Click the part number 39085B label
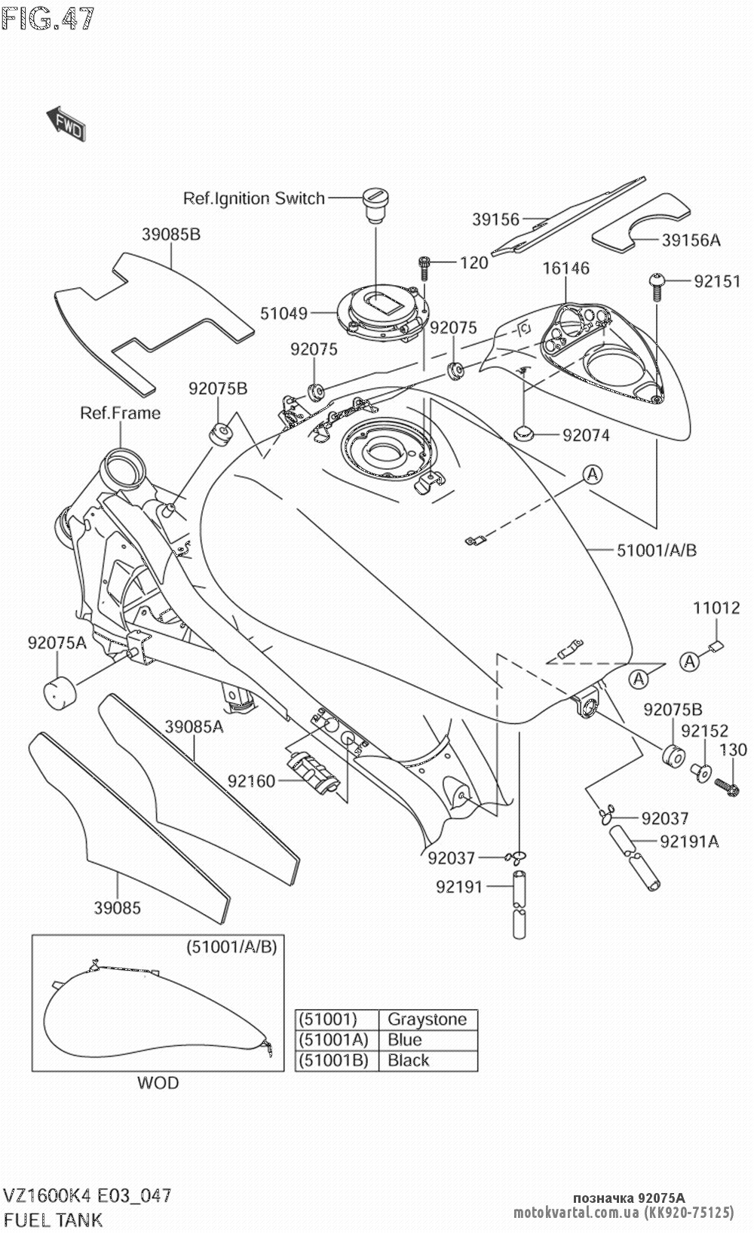pyautogui.click(x=170, y=235)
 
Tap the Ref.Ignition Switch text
pyautogui.click(x=254, y=198)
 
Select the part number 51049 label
pyautogui.click(x=284, y=312)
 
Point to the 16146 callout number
pyautogui.click(x=565, y=268)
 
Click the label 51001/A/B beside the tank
pyautogui.click(x=656, y=550)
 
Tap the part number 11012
pyautogui.click(x=716, y=607)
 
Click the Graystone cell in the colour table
pyautogui.click(x=427, y=1020)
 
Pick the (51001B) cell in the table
pyautogui.click(x=333, y=1060)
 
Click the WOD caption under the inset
pyautogui.click(x=158, y=1084)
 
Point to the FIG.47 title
pyautogui.click(x=48, y=18)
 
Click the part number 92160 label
pyautogui.click(x=252, y=781)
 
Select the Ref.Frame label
pyautogui.click(x=121, y=413)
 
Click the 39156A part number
pyautogui.click(x=691, y=240)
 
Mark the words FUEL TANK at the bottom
pyautogui.click(x=54, y=1219)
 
